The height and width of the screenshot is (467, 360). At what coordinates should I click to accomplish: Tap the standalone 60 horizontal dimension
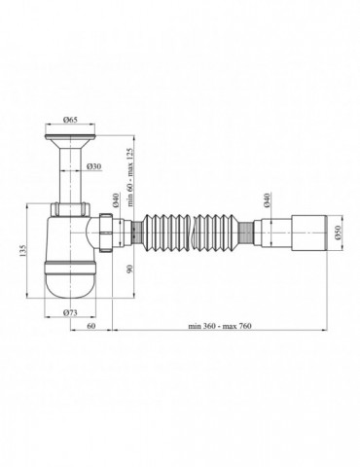click(x=90, y=329)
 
